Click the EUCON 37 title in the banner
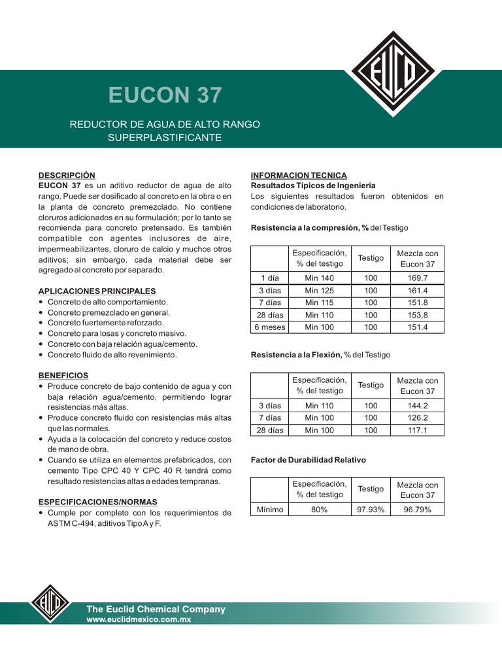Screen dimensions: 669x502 [x=165, y=95]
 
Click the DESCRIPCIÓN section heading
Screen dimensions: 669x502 [x=67, y=175]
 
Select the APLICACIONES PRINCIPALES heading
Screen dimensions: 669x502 [x=97, y=291]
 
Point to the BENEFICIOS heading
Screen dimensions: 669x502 [x=63, y=376]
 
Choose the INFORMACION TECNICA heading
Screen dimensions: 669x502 [x=299, y=175]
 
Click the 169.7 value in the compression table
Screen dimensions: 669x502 [x=416, y=278]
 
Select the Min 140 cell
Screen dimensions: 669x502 [x=319, y=278]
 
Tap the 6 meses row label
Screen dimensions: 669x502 [x=269, y=327]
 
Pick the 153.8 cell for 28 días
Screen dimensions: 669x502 [x=416, y=315]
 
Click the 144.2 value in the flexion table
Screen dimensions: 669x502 [x=416, y=405]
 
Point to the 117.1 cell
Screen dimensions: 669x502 [x=416, y=430]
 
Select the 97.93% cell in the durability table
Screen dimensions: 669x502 [x=371, y=510]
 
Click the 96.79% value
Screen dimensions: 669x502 [x=416, y=510]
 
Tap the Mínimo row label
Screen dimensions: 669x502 [x=269, y=510]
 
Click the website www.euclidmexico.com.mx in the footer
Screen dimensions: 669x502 [x=139, y=619]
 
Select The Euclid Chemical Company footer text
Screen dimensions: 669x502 [x=156, y=609]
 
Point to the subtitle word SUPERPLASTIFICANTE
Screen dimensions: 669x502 [x=165, y=138]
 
